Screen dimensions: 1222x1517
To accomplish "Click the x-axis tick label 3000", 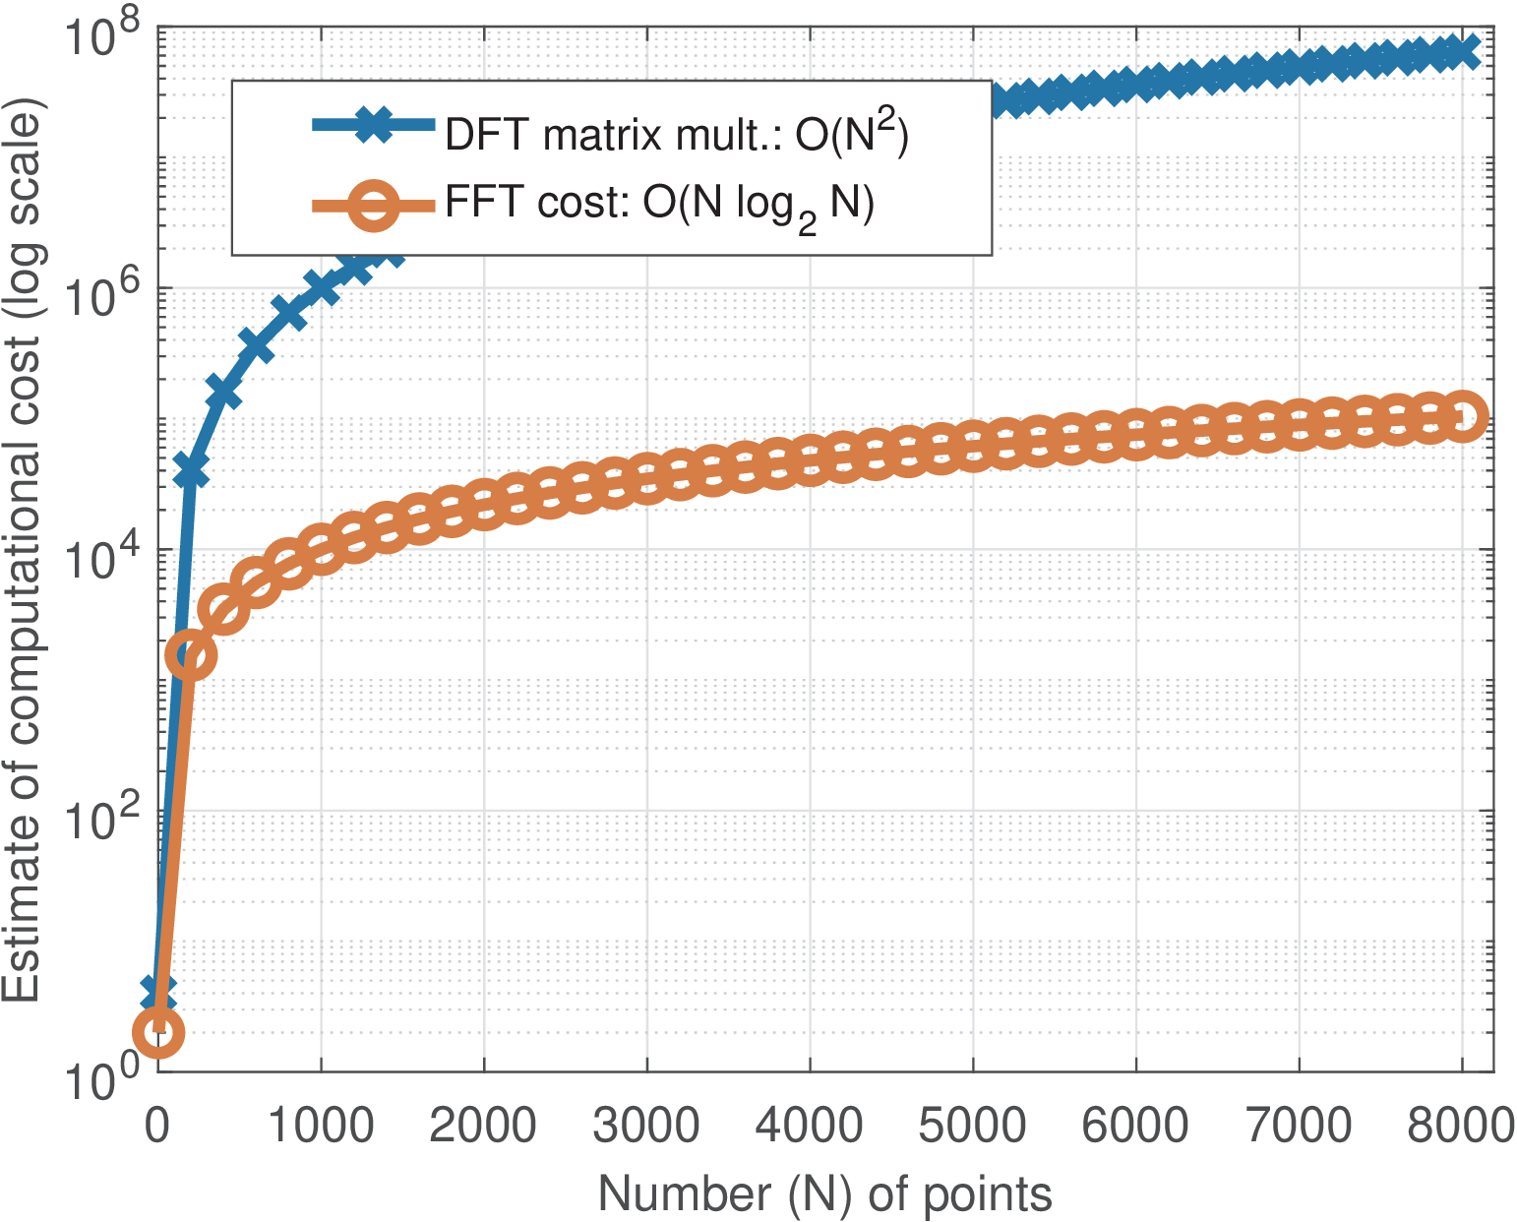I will tap(646, 1126).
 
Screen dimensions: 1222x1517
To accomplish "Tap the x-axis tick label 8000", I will tap(1461, 1126).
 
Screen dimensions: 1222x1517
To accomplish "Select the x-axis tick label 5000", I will tap(972, 1126).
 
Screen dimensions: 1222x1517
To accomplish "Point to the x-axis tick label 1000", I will tap(321, 1126).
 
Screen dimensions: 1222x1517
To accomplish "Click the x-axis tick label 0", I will tap(157, 1126).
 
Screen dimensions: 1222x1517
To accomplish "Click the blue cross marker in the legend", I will tap(373, 125).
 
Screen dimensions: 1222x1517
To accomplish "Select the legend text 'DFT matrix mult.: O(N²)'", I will tap(676, 132).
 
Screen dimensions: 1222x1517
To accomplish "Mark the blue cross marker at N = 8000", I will tap(1462, 51).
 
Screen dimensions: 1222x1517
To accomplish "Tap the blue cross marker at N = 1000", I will tap(321, 286).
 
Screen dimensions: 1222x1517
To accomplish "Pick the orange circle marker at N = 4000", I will tap(810, 458).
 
